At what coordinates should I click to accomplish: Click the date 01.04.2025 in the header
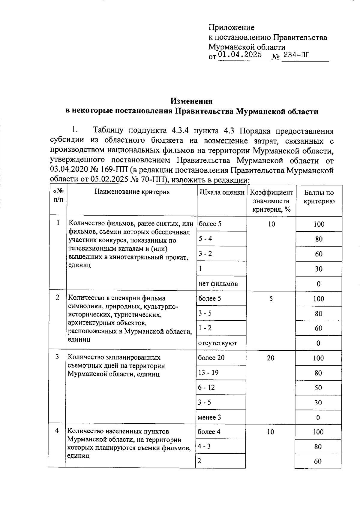240,55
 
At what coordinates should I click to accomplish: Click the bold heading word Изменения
192,101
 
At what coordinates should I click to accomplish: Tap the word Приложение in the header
232,28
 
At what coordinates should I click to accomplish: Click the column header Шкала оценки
222,192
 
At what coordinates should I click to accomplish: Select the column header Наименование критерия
132,192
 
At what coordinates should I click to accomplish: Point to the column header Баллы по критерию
319,197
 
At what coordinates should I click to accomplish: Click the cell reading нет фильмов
218,284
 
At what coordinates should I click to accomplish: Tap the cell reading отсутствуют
217,343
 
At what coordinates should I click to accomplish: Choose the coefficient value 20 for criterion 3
271,358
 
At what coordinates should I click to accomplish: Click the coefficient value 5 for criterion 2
271,299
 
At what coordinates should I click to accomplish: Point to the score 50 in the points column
318,388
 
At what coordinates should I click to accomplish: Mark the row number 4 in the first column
57,431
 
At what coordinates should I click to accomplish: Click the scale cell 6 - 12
206,387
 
